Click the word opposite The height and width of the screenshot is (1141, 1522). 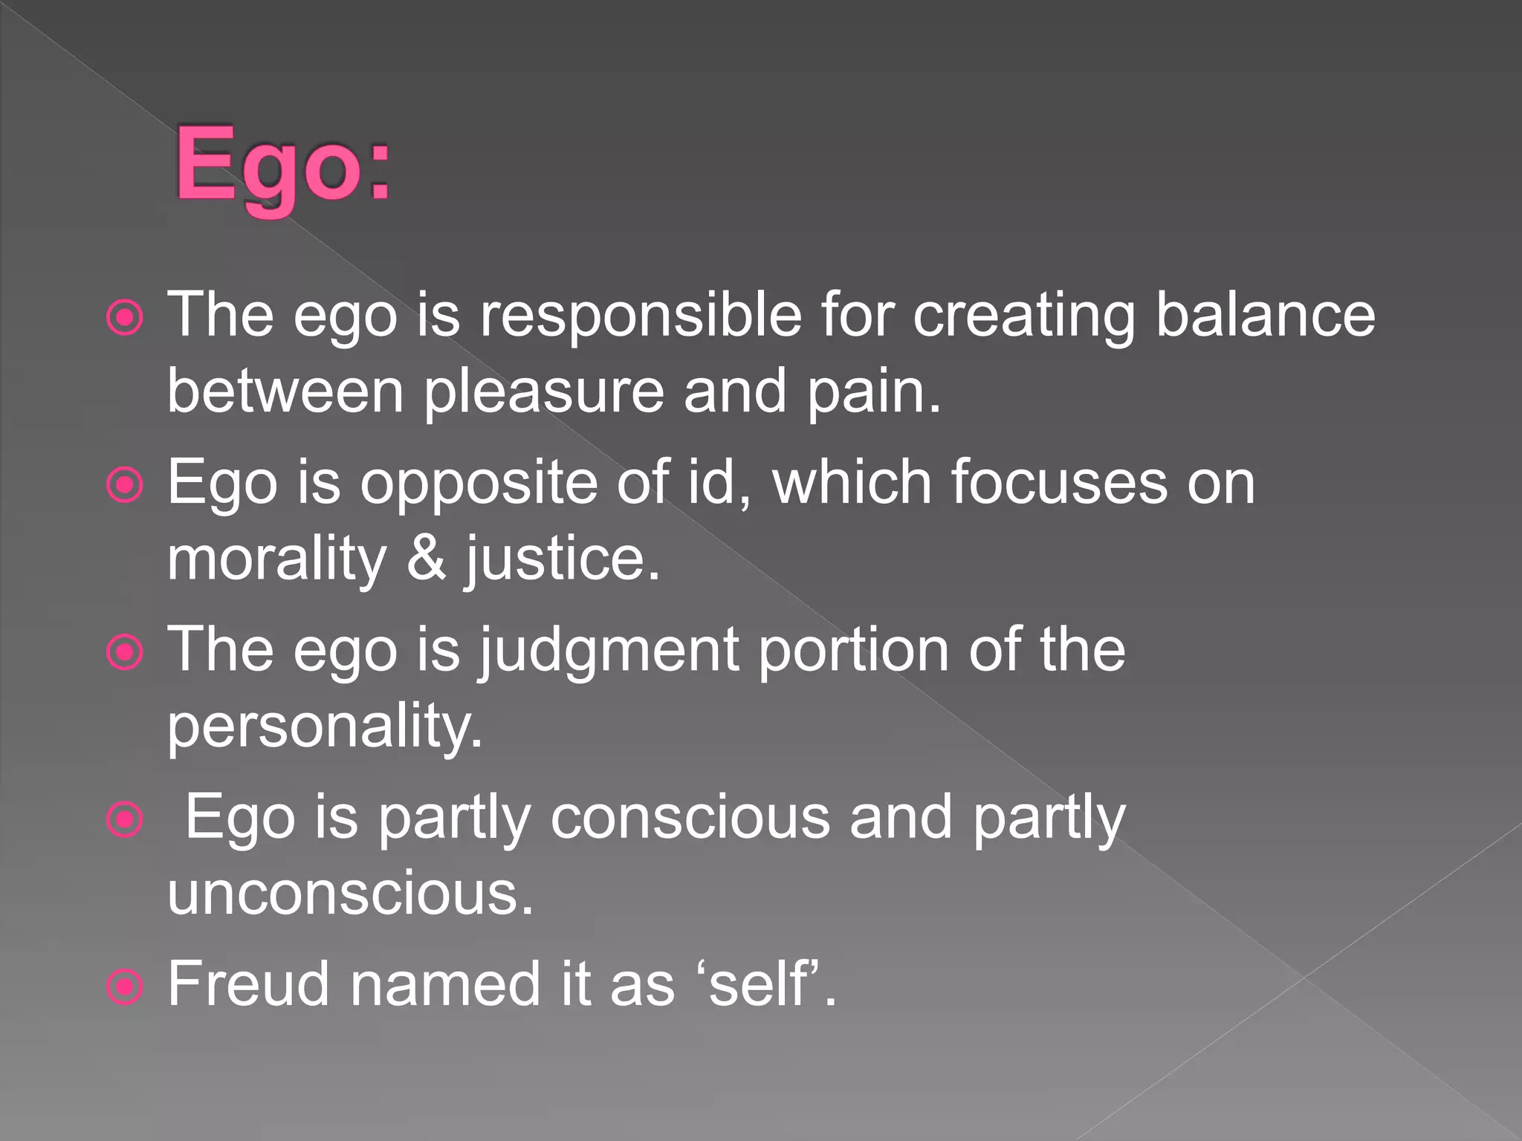tap(479, 483)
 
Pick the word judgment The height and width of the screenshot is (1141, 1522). tap(609, 651)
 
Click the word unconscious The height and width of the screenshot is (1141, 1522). tap(350, 894)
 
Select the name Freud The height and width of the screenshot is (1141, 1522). tap(248, 984)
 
